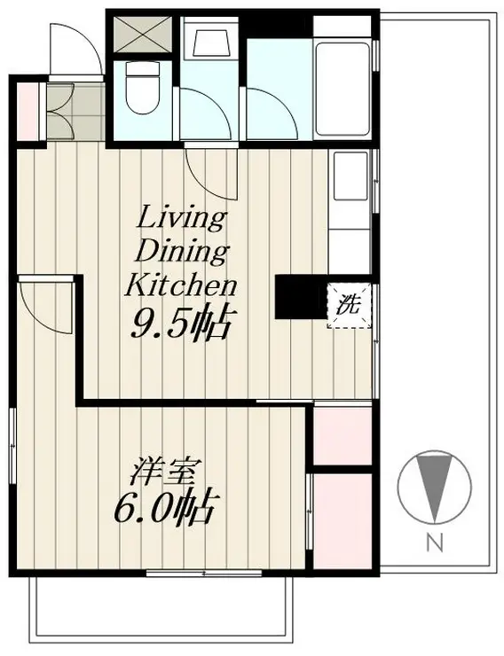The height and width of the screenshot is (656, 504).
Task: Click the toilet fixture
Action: [142, 88]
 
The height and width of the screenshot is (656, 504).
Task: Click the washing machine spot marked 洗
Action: [349, 305]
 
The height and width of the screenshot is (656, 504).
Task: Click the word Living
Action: [182, 218]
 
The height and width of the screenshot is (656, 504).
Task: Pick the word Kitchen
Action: [181, 285]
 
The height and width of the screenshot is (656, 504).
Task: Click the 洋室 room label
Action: [163, 473]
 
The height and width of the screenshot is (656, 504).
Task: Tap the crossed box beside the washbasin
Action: [143, 35]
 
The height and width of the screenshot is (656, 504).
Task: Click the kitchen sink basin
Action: [350, 176]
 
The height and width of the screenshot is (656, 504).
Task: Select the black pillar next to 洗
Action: [301, 297]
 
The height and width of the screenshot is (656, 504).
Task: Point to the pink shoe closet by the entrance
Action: [28, 112]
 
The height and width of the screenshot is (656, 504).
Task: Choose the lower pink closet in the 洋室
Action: [343, 521]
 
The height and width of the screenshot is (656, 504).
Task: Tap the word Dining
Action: [183, 253]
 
